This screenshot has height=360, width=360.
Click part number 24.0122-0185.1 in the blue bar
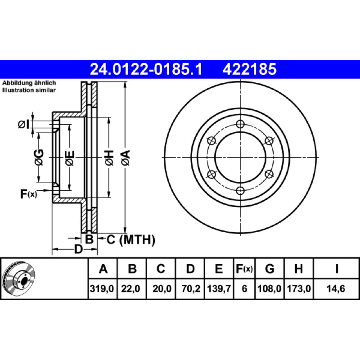click(x=146, y=69)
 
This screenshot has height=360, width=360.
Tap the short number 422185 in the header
click(x=249, y=69)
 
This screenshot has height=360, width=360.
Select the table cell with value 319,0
click(x=102, y=288)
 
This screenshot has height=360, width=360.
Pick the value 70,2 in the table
click(x=190, y=288)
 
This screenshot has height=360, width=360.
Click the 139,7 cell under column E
click(x=219, y=288)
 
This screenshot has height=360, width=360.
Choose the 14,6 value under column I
click(x=336, y=288)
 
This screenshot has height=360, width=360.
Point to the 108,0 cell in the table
click(x=269, y=288)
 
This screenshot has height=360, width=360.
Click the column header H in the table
click(x=298, y=268)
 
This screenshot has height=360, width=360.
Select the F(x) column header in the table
click(x=244, y=268)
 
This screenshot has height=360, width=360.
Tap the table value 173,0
click(x=299, y=288)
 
